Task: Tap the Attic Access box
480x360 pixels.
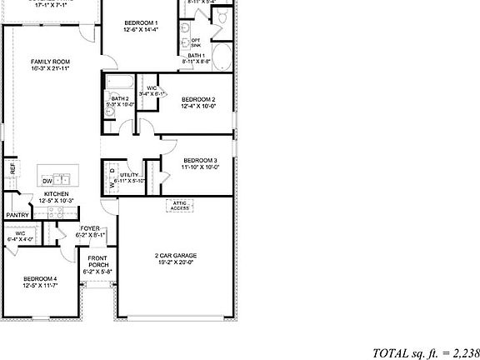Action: [x=180, y=205]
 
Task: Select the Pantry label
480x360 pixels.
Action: [x=17, y=215]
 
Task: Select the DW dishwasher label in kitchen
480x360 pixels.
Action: [x=47, y=181]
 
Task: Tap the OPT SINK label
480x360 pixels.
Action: [x=196, y=42]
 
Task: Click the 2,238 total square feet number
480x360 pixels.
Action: [x=463, y=352]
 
